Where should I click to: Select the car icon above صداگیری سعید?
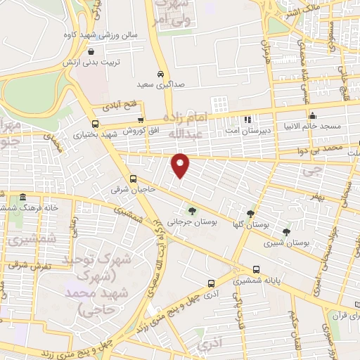coord(161,74)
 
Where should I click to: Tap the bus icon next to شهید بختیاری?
coord(141,120)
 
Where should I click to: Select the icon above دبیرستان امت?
coord(247,120)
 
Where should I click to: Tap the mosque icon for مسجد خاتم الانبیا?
coord(313,116)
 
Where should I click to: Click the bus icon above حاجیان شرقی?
coord(134,179)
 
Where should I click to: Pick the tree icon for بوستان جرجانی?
coord(191,210)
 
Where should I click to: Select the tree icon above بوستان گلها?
coord(250,214)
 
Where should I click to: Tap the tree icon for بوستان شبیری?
coord(285,231)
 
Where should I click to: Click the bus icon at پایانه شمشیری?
coord(256,269)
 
